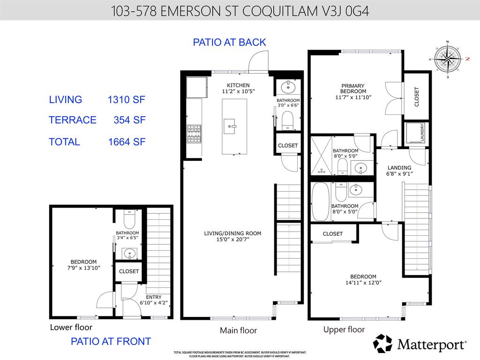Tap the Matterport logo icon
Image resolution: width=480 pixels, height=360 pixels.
[382, 344]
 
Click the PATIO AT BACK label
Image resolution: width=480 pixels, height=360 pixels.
[229, 42]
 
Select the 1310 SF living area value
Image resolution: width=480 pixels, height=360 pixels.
[127, 100]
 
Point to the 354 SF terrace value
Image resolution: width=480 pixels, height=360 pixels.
[129, 120]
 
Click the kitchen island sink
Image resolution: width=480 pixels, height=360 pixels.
[230, 126]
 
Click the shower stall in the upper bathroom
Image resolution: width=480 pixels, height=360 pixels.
[321, 155]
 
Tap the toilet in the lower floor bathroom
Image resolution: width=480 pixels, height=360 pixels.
[129, 218]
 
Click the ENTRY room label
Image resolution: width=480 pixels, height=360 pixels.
[154, 297]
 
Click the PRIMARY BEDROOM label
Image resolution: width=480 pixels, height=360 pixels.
[353, 89]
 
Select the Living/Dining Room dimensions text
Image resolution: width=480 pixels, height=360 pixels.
[232, 240]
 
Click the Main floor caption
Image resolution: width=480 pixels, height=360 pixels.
[238, 330]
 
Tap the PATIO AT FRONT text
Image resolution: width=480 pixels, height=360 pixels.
[111, 342]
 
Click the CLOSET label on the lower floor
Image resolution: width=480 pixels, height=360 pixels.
[128, 271]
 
